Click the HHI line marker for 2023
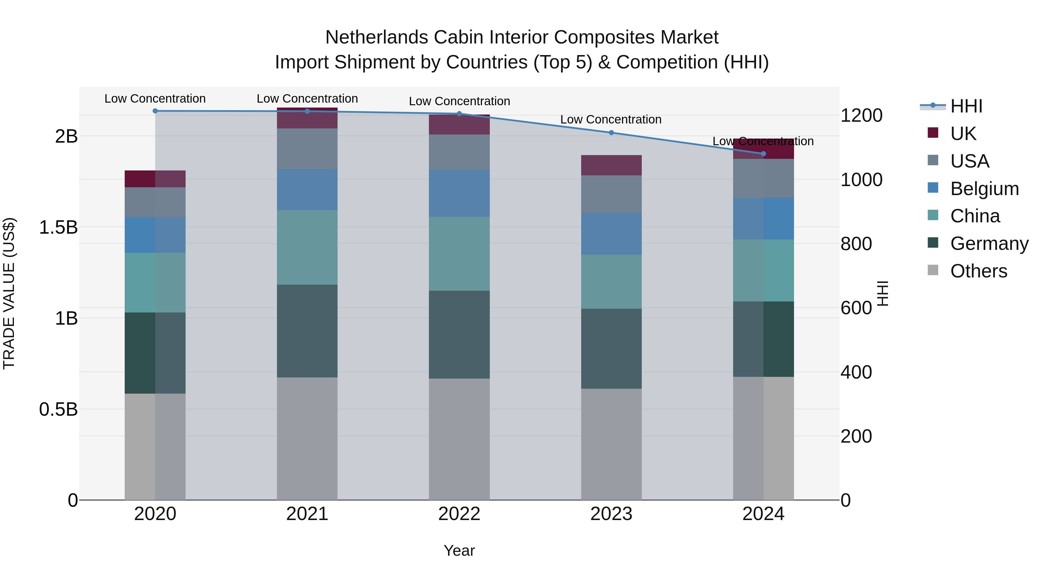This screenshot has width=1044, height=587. pyautogui.click(x=611, y=132)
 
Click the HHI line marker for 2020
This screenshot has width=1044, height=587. pyautogui.click(x=155, y=111)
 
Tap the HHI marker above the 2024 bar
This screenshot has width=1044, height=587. pyautogui.click(x=764, y=154)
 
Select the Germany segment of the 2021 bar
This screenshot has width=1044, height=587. pyautogui.click(x=307, y=331)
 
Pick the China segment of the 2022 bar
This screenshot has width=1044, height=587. pyautogui.click(x=459, y=254)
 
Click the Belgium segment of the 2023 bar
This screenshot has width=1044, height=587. pyautogui.click(x=611, y=233)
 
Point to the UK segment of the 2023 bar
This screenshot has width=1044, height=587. pyautogui.click(x=611, y=165)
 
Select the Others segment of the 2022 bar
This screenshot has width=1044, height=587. pyautogui.click(x=459, y=439)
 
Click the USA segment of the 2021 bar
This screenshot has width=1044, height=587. pyautogui.click(x=307, y=149)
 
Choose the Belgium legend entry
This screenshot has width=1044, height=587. pyautogui.click(x=984, y=189)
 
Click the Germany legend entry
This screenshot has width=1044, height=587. pyautogui.click(x=989, y=243)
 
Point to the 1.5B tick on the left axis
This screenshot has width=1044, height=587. pyautogui.click(x=58, y=227)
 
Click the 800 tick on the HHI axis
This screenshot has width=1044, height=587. pyautogui.click(x=856, y=244)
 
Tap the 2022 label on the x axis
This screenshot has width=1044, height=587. pyautogui.click(x=459, y=514)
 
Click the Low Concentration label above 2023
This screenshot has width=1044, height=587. pyautogui.click(x=611, y=119)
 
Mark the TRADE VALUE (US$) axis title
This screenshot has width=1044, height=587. pyautogui.click(x=9, y=293)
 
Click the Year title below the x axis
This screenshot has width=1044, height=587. pyautogui.click(x=459, y=550)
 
